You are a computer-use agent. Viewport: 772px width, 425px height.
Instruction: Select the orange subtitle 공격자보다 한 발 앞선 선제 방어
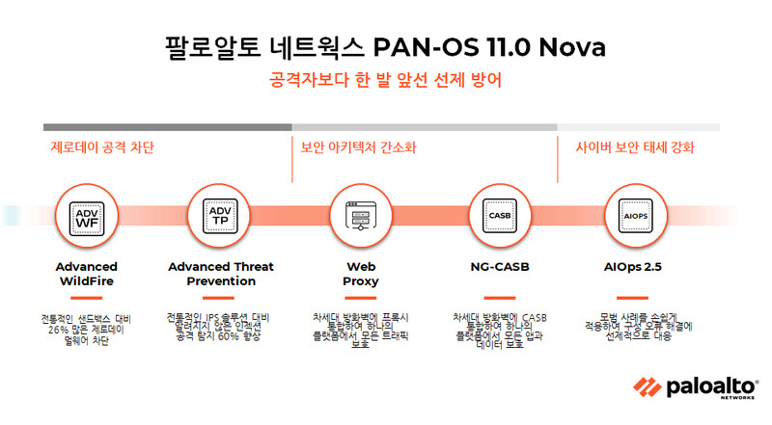tap(386, 81)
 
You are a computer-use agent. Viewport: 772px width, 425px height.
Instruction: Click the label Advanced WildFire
tap(86, 274)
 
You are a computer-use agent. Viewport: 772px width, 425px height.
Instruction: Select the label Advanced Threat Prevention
tap(220, 274)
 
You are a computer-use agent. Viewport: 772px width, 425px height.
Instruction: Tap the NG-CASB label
tap(499, 267)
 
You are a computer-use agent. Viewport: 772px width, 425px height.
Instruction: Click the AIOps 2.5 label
tap(636, 267)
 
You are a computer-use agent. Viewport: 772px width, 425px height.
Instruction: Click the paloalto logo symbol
tap(645, 387)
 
